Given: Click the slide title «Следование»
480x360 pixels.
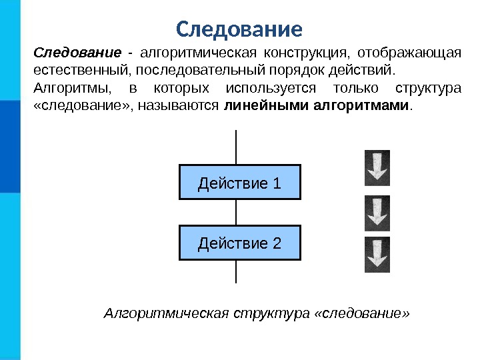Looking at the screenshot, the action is pos(239,29).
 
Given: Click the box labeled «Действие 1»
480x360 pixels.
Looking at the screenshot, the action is pos(240,182).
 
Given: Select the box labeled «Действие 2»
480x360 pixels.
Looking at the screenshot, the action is pos(240,243).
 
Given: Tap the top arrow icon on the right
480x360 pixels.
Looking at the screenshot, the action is pos(377,167).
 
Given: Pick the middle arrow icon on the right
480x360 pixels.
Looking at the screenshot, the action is pos(377,213).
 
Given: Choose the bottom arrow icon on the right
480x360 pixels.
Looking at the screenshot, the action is pos(377,255).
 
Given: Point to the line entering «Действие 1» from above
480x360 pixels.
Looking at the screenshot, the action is pos(237,147).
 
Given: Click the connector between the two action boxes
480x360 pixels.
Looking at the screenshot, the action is pos(237,212).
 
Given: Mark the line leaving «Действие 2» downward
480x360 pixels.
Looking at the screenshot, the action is pos(237,271).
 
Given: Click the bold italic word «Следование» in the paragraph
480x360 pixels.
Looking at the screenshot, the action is pos(77,53).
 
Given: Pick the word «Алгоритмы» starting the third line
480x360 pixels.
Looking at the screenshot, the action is pos(69,89).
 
